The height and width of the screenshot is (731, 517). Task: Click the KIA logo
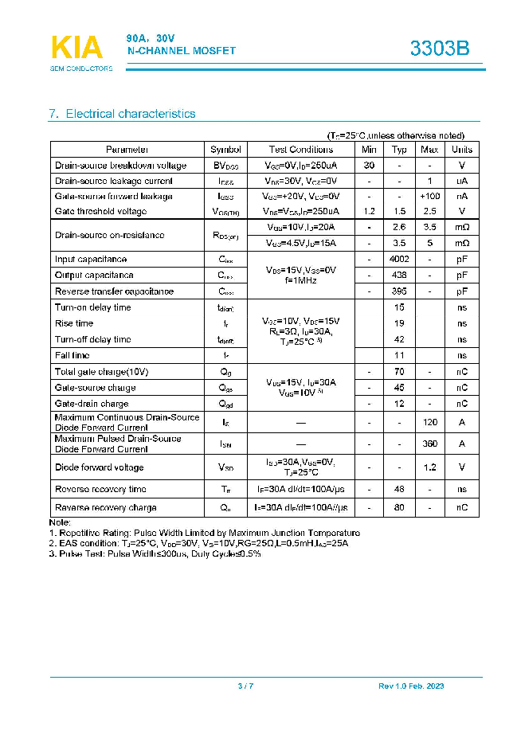76,48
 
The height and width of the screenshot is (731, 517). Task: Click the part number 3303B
440,49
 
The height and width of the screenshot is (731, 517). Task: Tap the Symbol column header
225,150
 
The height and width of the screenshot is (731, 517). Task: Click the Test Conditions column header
301,150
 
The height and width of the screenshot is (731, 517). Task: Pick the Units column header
462,150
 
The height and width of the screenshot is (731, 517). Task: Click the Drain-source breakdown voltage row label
120,166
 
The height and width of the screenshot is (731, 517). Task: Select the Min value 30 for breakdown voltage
369,166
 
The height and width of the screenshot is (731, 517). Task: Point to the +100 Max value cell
430,196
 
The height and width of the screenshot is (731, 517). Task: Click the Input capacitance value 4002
399,260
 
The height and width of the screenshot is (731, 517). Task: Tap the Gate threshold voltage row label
100,211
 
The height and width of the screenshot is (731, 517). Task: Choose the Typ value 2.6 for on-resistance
399,228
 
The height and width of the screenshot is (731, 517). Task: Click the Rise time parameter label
74,323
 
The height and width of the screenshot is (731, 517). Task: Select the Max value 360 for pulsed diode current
430,444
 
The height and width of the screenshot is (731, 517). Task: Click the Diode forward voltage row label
99,467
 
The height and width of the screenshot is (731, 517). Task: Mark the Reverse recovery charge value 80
399,507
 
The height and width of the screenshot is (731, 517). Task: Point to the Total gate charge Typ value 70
399,372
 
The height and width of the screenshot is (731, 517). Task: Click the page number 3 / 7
245,686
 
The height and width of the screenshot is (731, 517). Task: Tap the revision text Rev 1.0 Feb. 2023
411,686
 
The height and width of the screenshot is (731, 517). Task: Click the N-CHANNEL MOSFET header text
182,51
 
